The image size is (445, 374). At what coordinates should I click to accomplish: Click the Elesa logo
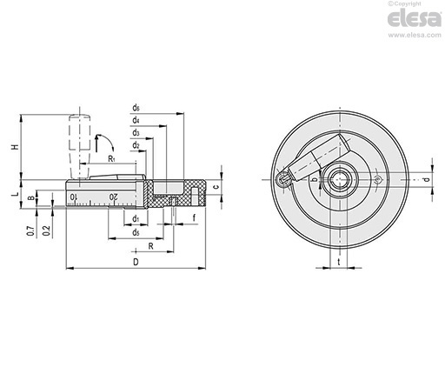[415, 19]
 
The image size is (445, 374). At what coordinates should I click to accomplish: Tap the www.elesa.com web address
[415, 35]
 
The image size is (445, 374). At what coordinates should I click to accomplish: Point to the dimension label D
[136, 262]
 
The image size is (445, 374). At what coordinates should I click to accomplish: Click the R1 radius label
[111, 158]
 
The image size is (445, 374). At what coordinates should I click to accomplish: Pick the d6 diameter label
[136, 108]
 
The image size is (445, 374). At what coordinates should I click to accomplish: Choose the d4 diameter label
[136, 120]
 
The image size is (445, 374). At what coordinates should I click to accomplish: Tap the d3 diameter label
[136, 133]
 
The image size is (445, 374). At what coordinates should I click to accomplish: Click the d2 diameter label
[136, 145]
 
